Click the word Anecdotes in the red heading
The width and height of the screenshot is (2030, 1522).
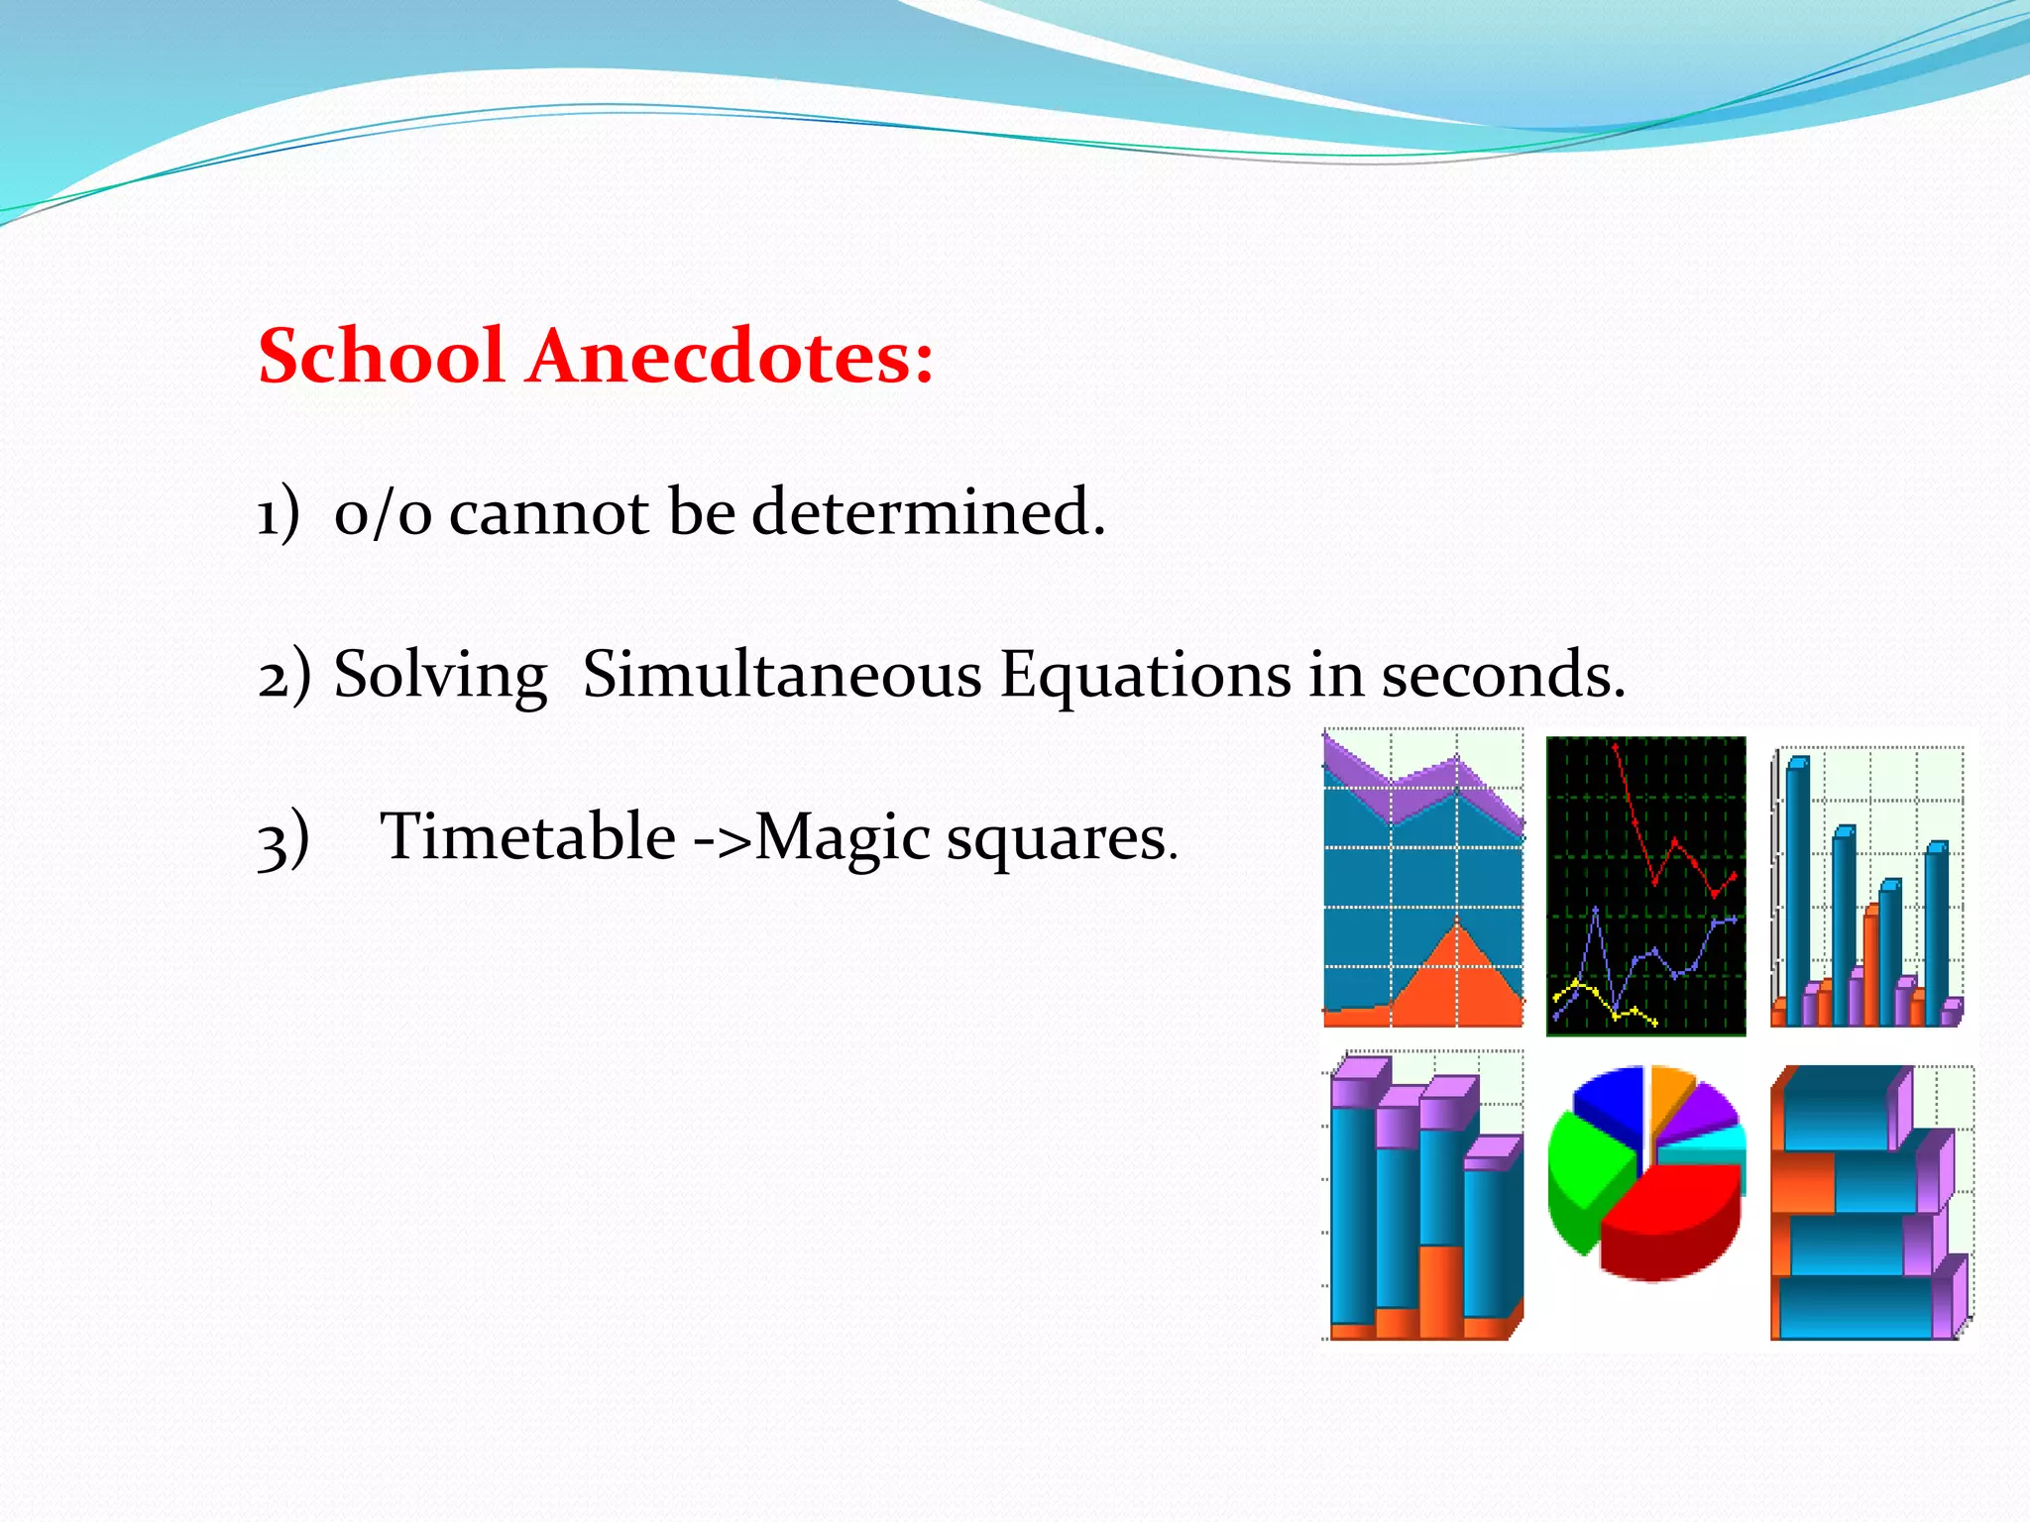[x=729, y=357]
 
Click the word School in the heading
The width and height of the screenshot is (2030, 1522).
[x=382, y=357]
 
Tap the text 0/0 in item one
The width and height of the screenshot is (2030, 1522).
[x=383, y=513]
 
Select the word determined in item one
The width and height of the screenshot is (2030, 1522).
[x=928, y=513]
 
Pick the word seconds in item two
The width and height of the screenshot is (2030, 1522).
[x=1503, y=675]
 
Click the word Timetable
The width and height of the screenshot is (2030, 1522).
[x=527, y=836]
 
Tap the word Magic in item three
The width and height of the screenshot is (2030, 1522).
[x=843, y=838]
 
